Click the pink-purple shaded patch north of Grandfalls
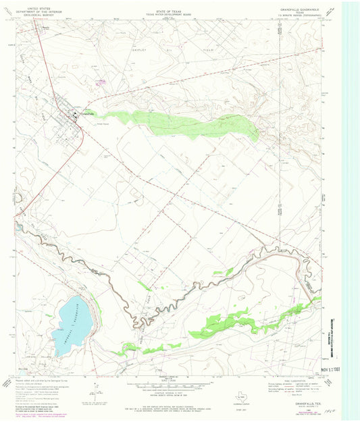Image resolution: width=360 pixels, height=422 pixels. pos(101,82)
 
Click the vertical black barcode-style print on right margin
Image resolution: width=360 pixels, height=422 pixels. pos(331,338)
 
